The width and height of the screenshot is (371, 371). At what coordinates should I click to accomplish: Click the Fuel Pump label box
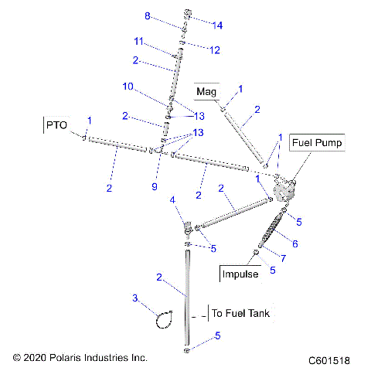[317, 143]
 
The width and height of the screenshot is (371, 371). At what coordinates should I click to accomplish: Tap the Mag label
[206, 92]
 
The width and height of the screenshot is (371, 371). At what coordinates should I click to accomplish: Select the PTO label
[57, 124]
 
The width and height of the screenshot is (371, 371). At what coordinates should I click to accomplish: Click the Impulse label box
[240, 274]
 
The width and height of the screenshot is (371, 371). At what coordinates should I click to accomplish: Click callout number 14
[217, 26]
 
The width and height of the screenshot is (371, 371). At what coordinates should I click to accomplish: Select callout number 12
[215, 50]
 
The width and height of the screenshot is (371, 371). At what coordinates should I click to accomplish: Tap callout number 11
[138, 40]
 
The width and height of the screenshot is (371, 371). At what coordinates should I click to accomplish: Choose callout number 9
[154, 188]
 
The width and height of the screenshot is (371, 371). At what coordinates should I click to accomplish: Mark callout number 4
[173, 201]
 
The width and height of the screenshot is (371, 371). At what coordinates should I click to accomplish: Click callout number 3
[135, 298]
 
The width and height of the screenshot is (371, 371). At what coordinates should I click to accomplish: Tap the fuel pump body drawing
[284, 189]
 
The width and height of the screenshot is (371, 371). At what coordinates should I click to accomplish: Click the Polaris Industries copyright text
[80, 358]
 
